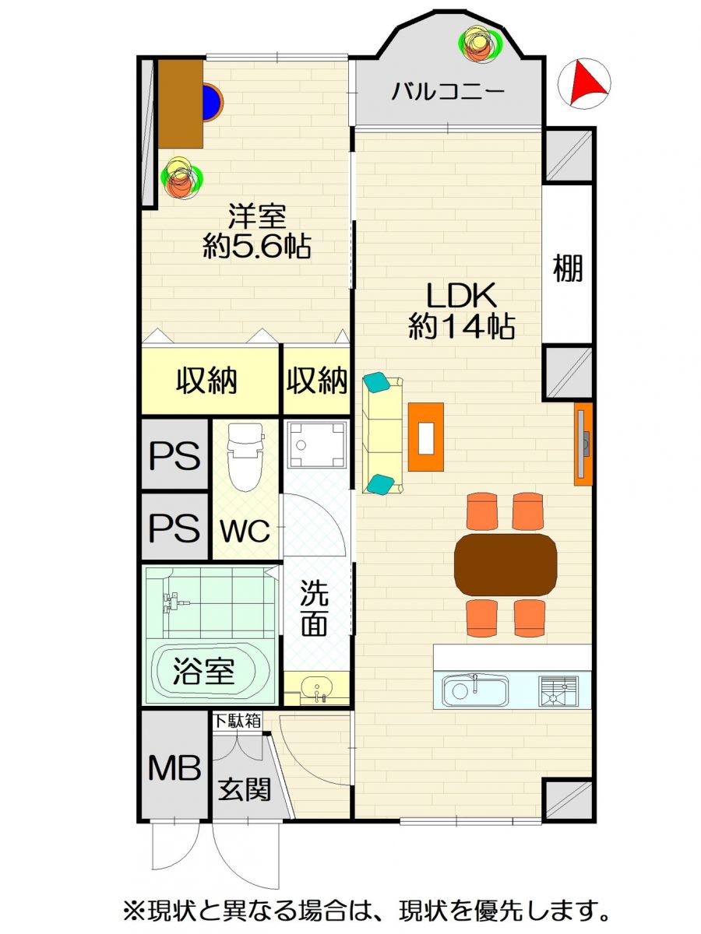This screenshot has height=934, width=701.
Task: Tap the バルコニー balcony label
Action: pyautogui.click(x=447, y=91)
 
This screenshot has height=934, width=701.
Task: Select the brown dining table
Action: pyautogui.click(x=505, y=564)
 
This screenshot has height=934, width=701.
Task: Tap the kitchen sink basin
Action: pyautogui.click(x=474, y=691)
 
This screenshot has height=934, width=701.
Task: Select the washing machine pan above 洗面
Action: pyautogui.click(x=315, y=444)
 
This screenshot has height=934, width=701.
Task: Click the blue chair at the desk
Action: pyautogui.click(x=213, y=102)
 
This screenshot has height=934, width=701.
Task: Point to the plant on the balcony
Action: pyautogui.click(x=480, y=43)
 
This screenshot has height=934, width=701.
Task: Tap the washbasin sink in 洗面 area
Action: pyautogui.click(x=315, y=687)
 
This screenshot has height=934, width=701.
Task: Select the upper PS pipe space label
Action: pyautogui.click(x=174, y=455)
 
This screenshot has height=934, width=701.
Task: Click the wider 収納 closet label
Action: pyautogui.click(x=206, y=380)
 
